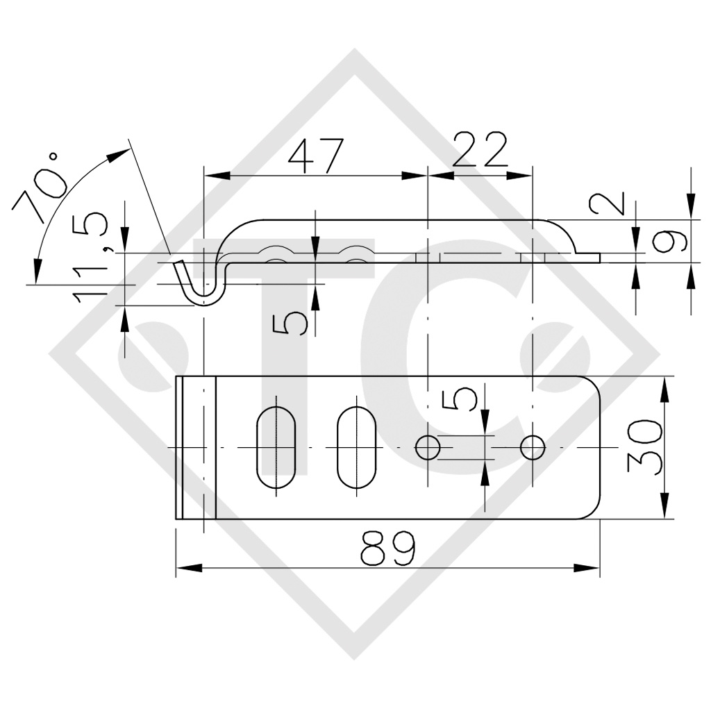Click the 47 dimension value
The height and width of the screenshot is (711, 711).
coord(316,156)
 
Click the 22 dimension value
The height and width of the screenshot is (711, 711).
coord(480,151)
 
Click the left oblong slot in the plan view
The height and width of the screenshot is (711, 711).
coord(276,448)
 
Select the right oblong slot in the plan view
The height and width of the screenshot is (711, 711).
coord(357,448)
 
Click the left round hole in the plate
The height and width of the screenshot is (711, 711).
coord(428,448)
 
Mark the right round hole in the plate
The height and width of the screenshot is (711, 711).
coord(533,448)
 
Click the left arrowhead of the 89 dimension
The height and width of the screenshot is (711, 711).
coord(186,568)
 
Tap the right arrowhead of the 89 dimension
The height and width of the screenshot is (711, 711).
coord(589,568)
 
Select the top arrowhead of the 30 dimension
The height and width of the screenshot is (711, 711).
coord(665,388)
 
